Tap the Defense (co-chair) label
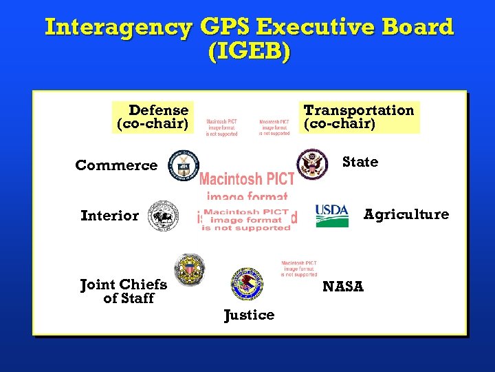tap(153, 117)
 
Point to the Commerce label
tap(116, 165)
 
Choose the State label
tap(360, 162)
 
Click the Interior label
tap(109, 216)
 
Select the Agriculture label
tap(406, 214)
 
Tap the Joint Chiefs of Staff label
tap(124, 291)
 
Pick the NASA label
tap(342, 286)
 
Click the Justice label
tap(249, 315)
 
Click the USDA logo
tap(332, 215)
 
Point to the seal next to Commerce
tap(184, 165)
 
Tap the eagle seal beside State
tap(313, 164)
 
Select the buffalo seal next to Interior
tap(164, 216)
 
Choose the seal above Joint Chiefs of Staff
tap(189, 269)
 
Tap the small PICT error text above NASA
tap(299, 269)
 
